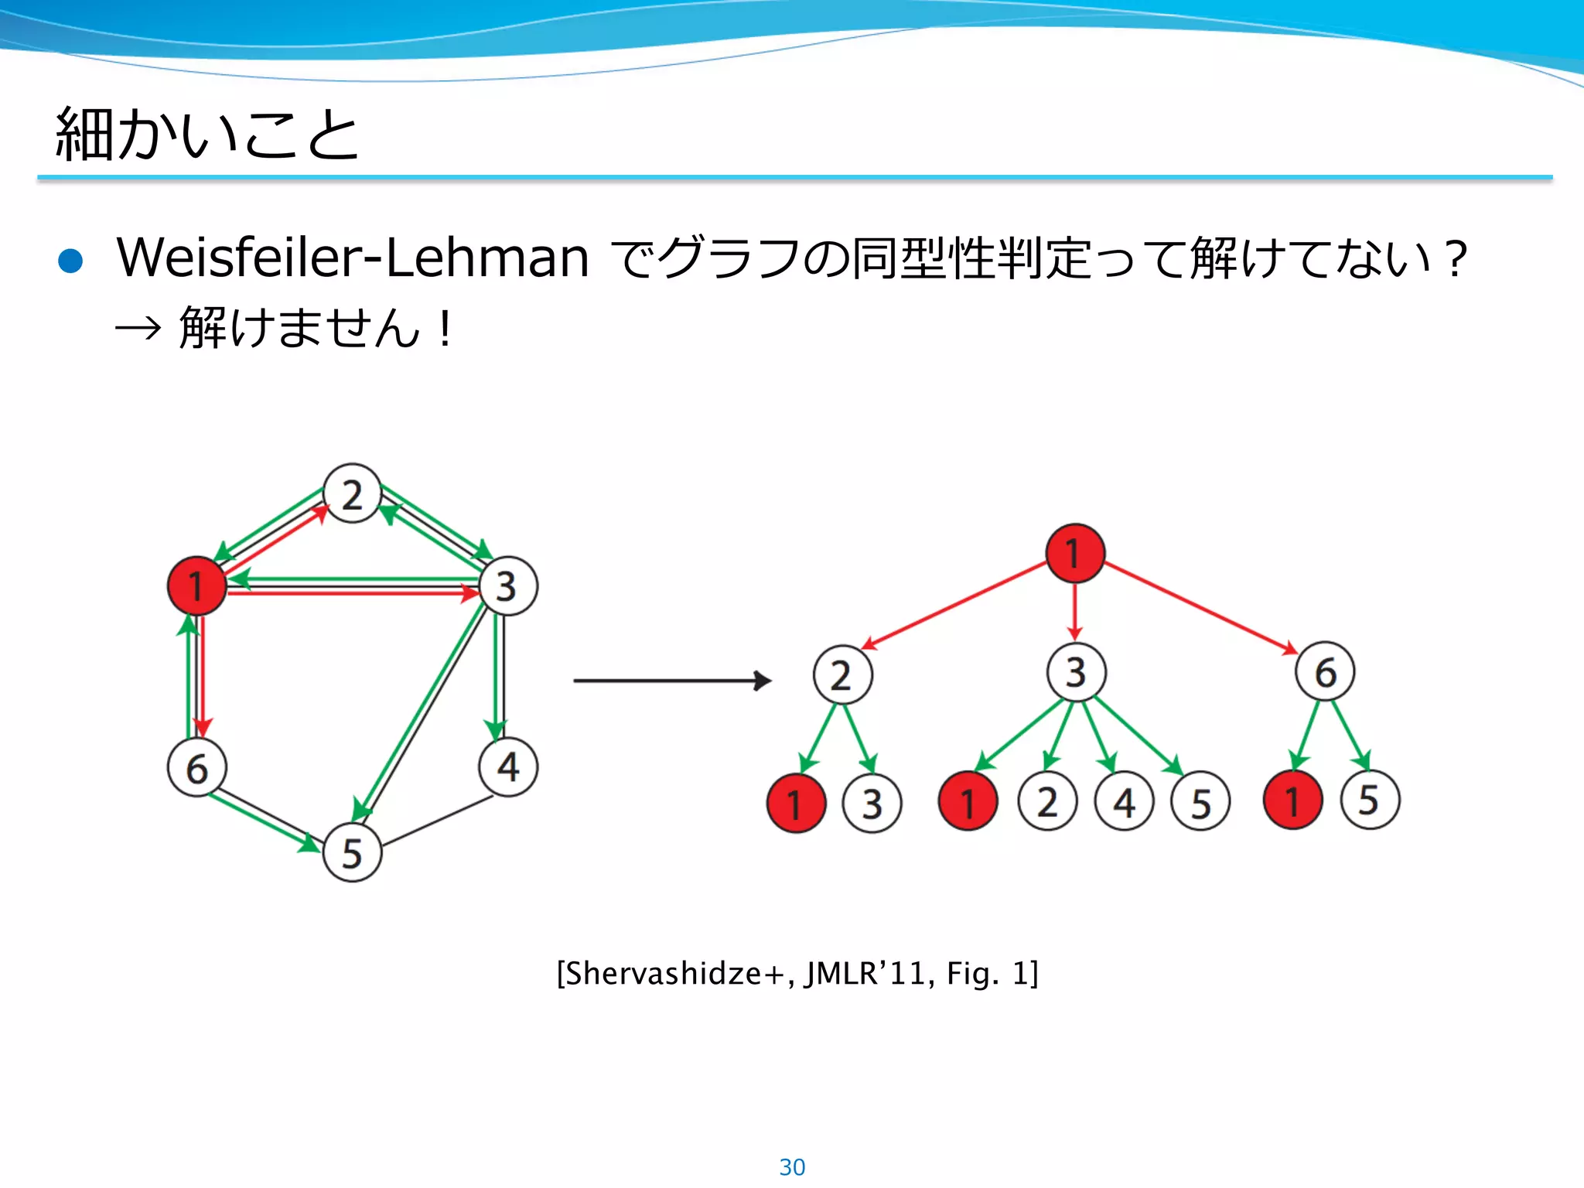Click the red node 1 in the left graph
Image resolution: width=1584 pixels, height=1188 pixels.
point(196,585)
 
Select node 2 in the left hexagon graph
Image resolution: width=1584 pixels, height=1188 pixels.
point(352,493)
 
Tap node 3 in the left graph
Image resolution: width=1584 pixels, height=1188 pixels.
point(507,585)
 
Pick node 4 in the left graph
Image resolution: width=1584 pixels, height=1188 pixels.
point(507,767)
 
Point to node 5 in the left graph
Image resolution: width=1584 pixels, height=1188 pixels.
point(352,852)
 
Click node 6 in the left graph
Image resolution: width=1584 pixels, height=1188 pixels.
point(196,768)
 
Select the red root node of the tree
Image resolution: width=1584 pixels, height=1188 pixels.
point(1074,553)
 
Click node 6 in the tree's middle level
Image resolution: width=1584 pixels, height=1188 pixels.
point(1325,671)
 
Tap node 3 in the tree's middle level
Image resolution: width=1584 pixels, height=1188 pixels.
point(1076,671)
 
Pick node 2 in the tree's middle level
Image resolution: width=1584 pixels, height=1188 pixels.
point(842,674)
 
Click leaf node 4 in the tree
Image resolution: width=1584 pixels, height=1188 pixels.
point(1124,802)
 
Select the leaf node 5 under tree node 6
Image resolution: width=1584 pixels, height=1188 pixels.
point(1369,800)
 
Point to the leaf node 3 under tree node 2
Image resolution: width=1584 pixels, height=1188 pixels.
point(872,804)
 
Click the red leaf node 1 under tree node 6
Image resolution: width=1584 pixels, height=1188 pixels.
point(1292,800)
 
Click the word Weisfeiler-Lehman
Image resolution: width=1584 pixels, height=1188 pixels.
point(353,258)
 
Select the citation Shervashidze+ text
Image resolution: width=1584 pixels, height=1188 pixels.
point(797,973)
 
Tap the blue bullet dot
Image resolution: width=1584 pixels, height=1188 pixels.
point(70,261)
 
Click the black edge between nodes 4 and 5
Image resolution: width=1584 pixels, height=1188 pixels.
point(437,821)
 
